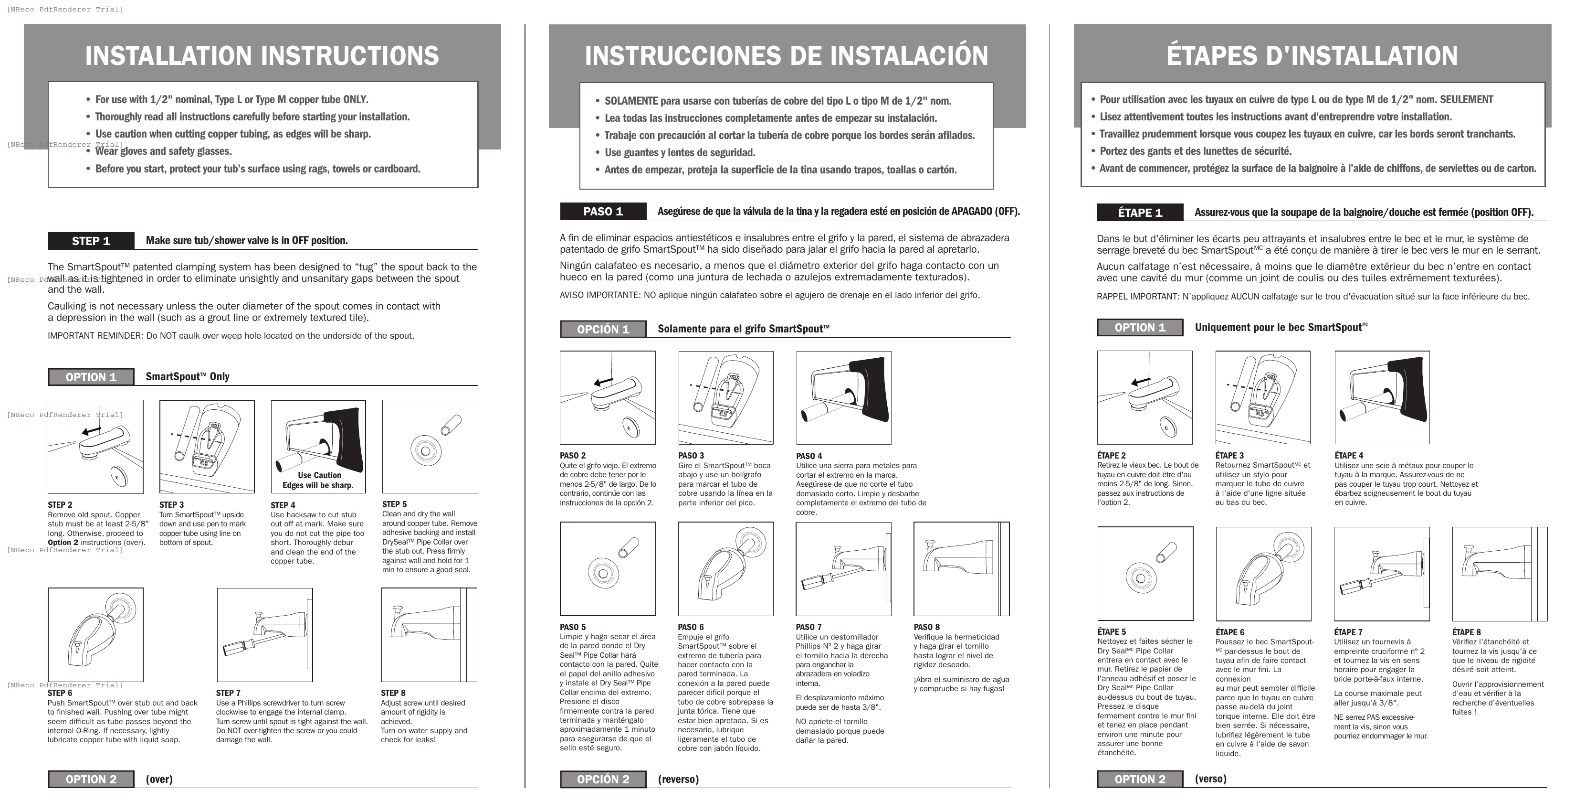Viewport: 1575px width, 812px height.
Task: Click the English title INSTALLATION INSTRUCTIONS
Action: [x=262, y=56]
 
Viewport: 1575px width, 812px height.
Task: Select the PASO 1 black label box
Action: [x=603, y=212]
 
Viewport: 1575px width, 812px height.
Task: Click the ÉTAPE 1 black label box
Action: [x=1140, y=213]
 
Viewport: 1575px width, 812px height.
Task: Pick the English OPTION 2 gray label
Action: [x=91, y=780]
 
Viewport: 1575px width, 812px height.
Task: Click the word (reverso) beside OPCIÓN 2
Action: [x=678, y=780]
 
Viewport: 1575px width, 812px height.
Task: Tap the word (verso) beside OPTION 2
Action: [x=1210, y=779]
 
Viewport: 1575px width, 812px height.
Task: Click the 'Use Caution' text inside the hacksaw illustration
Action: [x=319, y=475]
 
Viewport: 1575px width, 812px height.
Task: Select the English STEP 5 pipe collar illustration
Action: [x=430, y=447]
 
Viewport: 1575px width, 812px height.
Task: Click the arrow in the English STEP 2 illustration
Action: [x=91, y=431]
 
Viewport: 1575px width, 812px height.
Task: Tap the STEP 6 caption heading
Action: [x=60, y=693]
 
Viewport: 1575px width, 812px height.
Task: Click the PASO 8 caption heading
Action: [x=926, y=627]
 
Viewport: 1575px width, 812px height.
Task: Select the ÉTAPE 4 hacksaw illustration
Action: [x=1381, y=397]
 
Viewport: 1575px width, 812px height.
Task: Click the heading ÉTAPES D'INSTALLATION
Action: [x=1312, y=56]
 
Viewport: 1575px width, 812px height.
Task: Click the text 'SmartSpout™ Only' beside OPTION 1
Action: [x=187, y=377]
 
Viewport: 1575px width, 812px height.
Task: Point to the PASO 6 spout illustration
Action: [x=725, y=569]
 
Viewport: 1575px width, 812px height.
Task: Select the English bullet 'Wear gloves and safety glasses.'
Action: [x=163, y=151]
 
